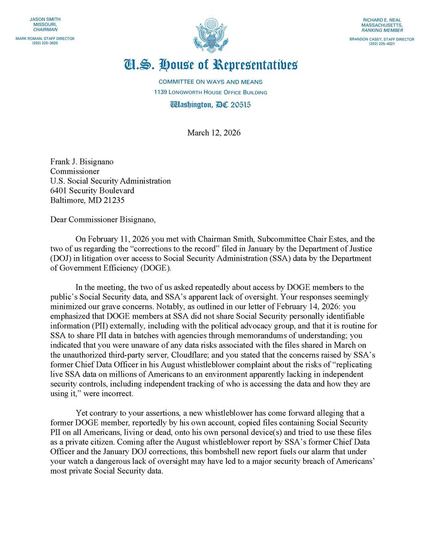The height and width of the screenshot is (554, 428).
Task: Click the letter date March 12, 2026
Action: pos(214,133)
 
